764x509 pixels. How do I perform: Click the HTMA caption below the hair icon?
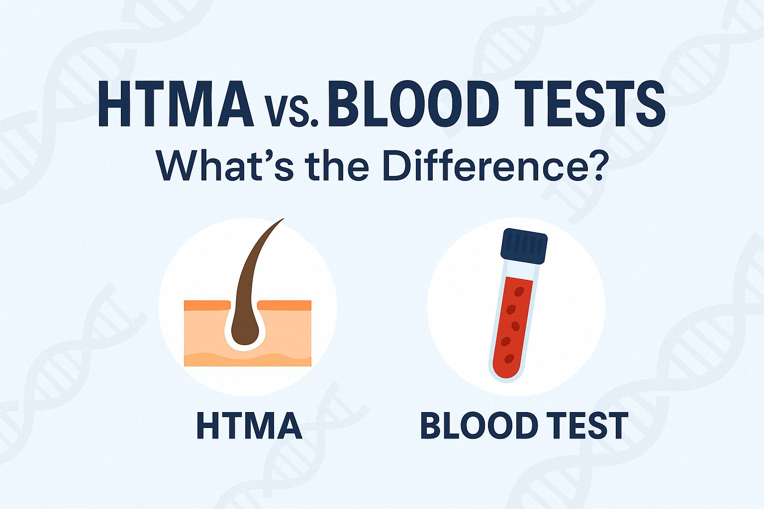pyautogui.click(x=249, y=425)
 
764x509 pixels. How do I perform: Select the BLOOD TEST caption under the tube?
pyautogui.click(x=524, y=425)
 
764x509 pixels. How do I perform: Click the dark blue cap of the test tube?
pyautogui.click(x=524, y=246)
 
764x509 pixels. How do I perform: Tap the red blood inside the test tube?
pyautogui.click(x=511, y=323)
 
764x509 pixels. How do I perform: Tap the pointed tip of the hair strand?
pyautogui.click(x=283, y=219)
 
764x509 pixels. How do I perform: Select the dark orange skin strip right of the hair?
pyautogui.click(x=286, y=305)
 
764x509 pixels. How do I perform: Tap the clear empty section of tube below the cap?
pyautogui.click(x=520, y=271)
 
